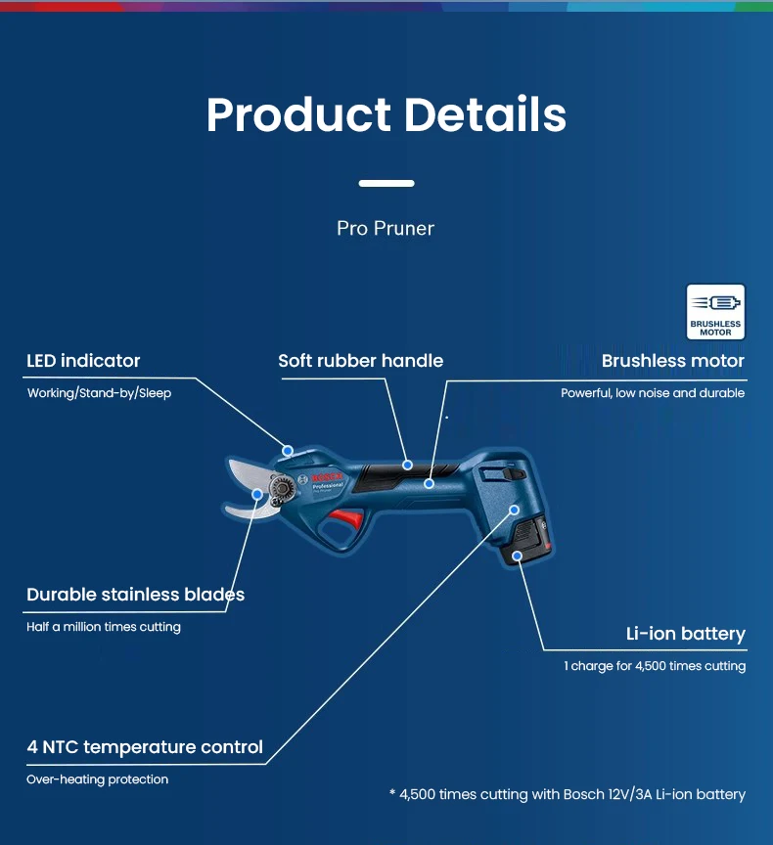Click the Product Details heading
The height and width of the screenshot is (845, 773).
click(x=386, y=114)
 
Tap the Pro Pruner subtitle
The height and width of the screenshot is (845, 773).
click(x=386, y=228)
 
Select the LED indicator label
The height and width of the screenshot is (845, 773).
click(x=83, y=361)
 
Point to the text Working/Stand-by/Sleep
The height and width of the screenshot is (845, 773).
click(x=99, y=393)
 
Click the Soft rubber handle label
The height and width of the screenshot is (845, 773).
click(x=360, y=361)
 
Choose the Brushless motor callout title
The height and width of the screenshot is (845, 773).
click(x=672, y=361)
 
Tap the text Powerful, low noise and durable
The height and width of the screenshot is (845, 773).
click(x=652, y=393)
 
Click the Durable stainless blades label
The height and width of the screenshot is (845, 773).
click(x=135, y=595)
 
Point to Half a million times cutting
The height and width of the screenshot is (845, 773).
click(x=104, y=627)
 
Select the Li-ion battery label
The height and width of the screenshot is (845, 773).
click(x=685, y=634)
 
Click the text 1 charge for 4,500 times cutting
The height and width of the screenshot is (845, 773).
click(x=654, y=666)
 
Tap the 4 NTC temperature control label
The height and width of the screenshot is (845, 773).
click(x=145, y=747)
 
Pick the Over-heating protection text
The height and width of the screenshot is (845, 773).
click(x=97, y=779)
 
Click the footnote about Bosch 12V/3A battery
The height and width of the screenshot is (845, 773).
click(x=567, y=794)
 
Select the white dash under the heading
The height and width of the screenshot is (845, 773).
click(x=386, y=183)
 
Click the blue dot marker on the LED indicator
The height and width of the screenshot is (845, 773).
click(x=288, y=451)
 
